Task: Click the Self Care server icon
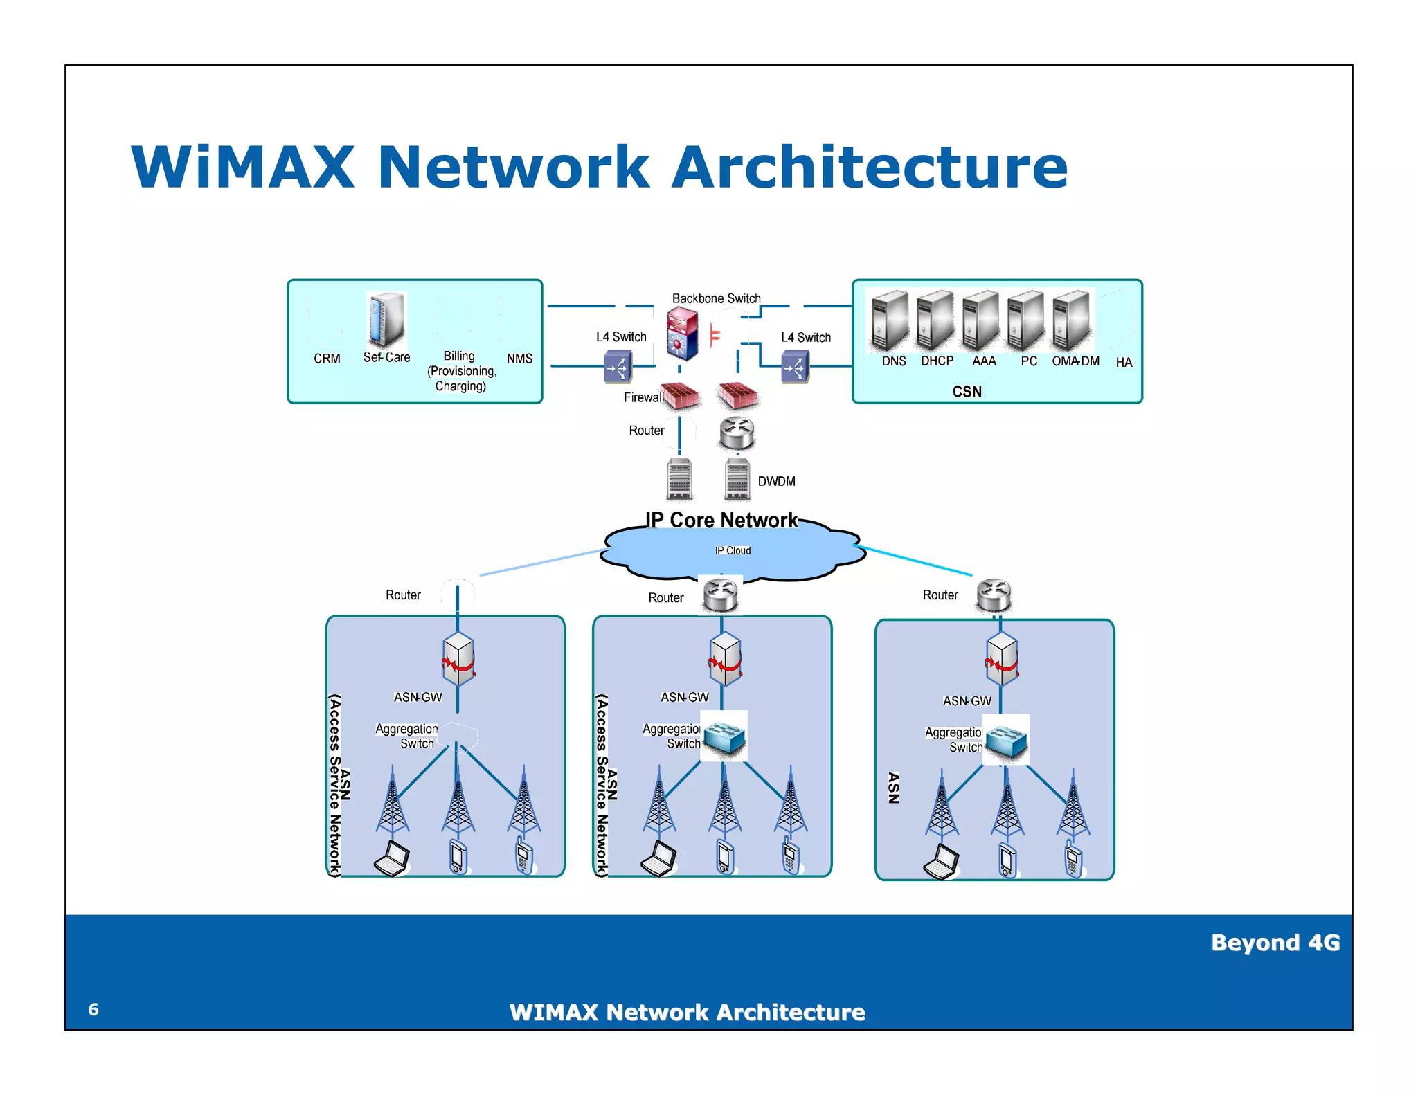[x=385, y=319]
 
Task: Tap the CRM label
[x=327, y=359]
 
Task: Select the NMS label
[x=519, y=359]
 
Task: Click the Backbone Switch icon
[x=682, y=333]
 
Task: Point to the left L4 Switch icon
[x=618, y=367]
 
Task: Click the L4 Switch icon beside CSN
[x=795, y=367]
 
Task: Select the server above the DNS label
[x=890, y=320]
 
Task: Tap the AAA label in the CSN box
[x=983, y=361]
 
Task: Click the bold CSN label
[x=967, y=392]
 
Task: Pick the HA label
[x=1124, y=363]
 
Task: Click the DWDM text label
[x=776, y=482]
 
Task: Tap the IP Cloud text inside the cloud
[x=733, y=551]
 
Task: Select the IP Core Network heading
[x=721, y=520]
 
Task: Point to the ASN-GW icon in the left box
[x=458, y=658]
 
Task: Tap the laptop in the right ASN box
[x=942, y=861]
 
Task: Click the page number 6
[x=93, y=1010]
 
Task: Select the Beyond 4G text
[x=1275, y=943]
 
